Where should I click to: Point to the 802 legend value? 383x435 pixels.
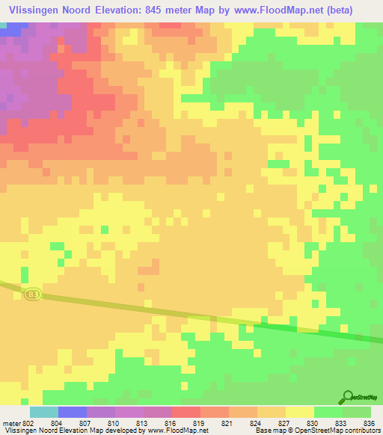coord(28,423)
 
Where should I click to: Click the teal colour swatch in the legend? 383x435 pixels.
coord(44,412)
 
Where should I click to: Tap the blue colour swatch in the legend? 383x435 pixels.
coord(73,412)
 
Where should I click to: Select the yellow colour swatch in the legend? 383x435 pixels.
coord(300,412)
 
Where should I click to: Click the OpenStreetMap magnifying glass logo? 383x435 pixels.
coord(347,398)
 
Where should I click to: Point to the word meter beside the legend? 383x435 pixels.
coord(10,423)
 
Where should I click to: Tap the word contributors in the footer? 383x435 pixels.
coord(362,431)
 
